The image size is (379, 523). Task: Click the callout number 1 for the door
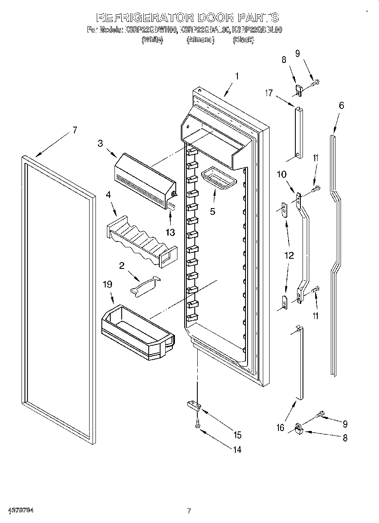coord(237,76)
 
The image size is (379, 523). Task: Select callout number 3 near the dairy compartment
coord(100,143)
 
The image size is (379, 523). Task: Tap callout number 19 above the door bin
coord(108,285)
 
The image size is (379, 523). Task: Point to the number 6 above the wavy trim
coord(341,106)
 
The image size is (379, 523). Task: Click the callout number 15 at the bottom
coord(237,434)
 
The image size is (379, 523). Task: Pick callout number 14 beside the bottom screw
coord(237,450)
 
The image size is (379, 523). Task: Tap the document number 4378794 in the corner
coord(20,510)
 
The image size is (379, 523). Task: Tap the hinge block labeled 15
coord(195,406)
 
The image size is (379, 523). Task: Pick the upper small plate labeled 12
coord(284,209)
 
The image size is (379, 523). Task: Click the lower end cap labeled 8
coord(299,429)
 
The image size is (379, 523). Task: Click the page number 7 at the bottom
coord(189,511)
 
